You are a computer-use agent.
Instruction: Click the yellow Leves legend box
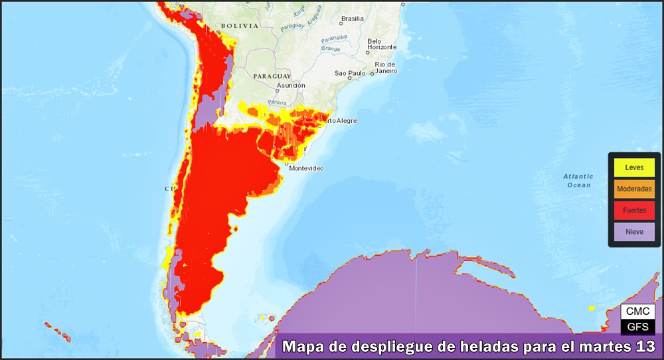[x=635, y=167]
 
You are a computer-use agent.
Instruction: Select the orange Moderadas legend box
[x=635, y=189]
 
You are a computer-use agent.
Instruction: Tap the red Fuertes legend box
[x=635, y=210]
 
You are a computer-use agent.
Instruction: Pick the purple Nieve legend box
[x=635, y=231]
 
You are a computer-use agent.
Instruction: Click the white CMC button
[x=637, y=312]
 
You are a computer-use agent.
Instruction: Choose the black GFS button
[x=637, y=326]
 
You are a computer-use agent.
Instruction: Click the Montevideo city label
[x=306, y=169]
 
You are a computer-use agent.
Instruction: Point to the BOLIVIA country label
[x=239, y=26]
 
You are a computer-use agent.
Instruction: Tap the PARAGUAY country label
[x=272, y=76]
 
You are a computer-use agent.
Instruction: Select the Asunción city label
[x=291, y=85]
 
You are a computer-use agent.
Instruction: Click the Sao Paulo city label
[x=350, y=73]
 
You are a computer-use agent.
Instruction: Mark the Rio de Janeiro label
[x=386, y=68]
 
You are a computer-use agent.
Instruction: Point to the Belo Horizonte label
[x=382, y=45]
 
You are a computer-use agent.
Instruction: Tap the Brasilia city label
[x=351, y=19]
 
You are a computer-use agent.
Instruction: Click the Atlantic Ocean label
[x=578, y=181]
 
